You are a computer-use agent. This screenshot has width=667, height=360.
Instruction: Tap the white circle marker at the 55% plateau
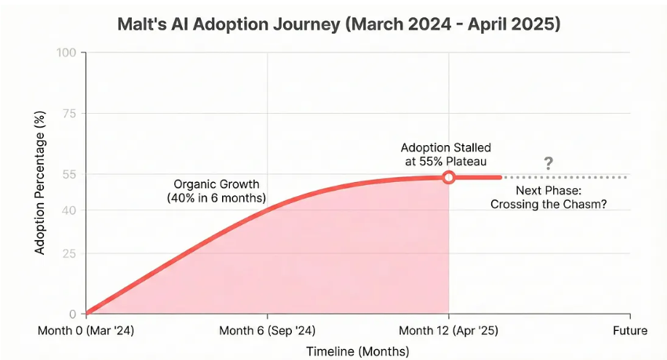tap(448, 177)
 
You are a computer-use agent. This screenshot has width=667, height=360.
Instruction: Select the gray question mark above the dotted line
tap(549, 163)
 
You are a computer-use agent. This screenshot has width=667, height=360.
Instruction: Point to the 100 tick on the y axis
tap(67, 53)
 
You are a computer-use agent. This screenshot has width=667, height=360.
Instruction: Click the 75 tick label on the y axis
tap(69, 114)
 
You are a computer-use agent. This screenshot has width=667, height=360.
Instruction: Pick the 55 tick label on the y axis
tap(69, 174)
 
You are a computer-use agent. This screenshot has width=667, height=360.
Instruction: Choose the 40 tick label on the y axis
tap(69, 210)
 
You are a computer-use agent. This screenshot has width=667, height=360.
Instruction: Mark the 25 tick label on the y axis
tap(69, 253)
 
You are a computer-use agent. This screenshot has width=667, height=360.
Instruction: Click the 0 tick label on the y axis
tap(72, 313)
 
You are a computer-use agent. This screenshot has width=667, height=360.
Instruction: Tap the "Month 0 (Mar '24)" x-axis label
tap(86, 330)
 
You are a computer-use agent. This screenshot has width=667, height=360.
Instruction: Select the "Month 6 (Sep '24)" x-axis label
tap(268, 330)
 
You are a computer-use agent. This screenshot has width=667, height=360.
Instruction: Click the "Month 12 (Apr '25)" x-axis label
tap(448, 330)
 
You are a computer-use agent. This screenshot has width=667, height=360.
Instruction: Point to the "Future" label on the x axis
tap(629, 330)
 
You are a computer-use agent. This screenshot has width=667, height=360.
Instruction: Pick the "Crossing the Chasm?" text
tap(549, 205)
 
